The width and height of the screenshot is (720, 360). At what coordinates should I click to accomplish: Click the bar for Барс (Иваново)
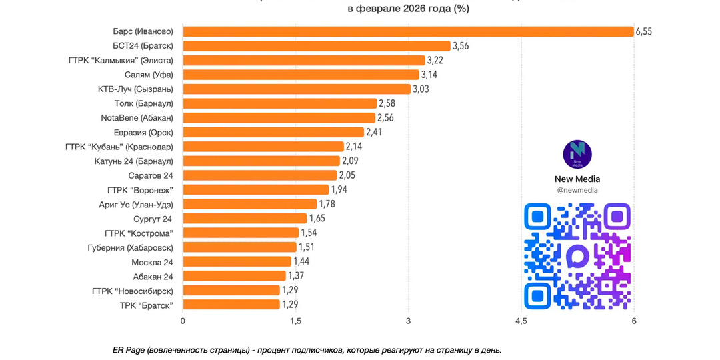point(408,31)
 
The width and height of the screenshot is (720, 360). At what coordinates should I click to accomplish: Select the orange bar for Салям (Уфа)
point(301,75)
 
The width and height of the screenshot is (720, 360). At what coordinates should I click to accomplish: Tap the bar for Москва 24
point(237,261)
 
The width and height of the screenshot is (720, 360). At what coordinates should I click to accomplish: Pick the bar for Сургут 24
point(245,219)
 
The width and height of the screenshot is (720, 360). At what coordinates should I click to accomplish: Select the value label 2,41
point(376,132)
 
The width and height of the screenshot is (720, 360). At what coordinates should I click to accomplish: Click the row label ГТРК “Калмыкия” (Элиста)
point(121,60)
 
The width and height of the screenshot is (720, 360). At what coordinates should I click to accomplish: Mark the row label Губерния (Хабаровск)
point(131,247)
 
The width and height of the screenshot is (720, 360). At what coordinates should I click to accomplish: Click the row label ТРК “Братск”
point(147,305)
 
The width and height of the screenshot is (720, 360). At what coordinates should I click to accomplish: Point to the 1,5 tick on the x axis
point(295,322)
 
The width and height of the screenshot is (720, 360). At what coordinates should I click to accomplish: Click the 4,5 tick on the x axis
point(521,322)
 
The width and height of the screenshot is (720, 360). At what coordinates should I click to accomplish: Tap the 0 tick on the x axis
point(183,322)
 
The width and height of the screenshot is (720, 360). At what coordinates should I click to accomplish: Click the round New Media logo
point(577,155)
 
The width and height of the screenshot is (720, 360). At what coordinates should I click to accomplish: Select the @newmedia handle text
point(577,190)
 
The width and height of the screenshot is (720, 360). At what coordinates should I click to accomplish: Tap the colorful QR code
point(577,257)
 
